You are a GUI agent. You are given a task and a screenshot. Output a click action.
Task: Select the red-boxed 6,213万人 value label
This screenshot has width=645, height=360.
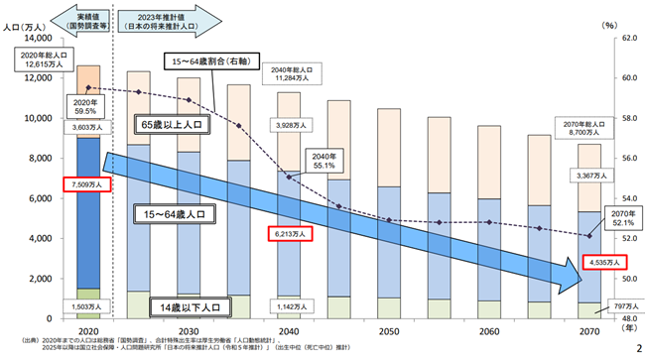pos(290,235)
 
